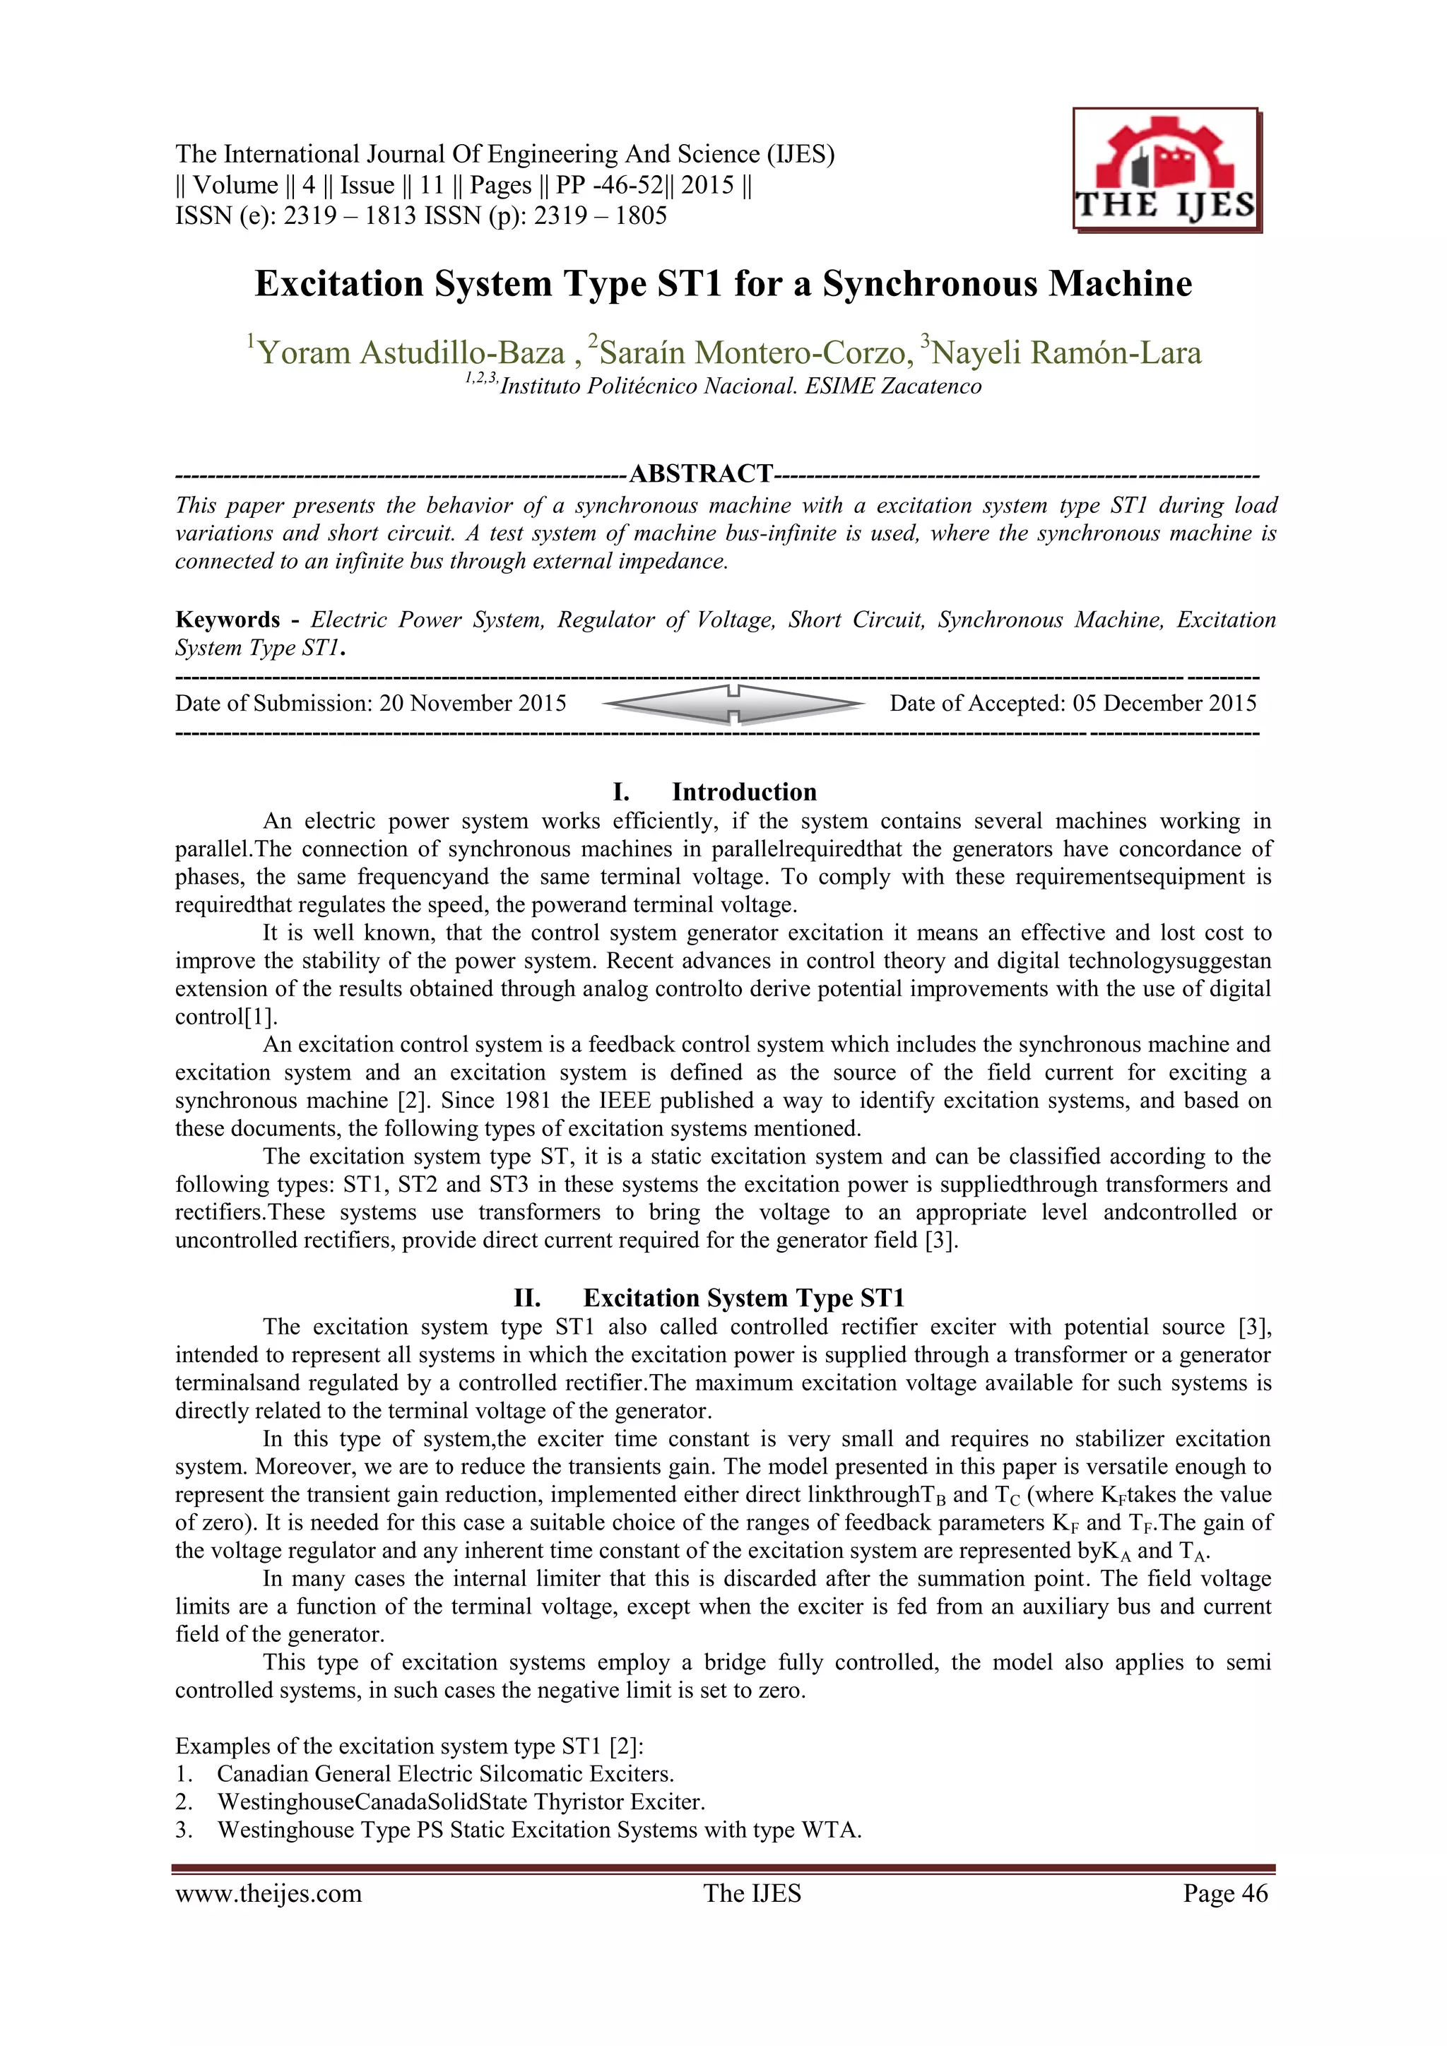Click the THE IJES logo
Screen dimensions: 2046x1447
click(x=1167, y=171)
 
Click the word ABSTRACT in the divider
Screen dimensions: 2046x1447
click(x=700, y=473)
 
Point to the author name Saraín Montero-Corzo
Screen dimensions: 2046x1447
click(x=751, y=353)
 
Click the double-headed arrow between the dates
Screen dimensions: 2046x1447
click(x=733, y=704)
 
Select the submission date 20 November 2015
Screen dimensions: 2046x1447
click(x=472, y=704)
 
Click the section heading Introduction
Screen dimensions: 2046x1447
click(x=743, y=792)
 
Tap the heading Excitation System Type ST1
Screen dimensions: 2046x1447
click(x=743, y=1299)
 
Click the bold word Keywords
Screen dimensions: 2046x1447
click(x=228, y=620)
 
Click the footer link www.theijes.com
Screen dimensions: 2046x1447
click(x=268, y=1893)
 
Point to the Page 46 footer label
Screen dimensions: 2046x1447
click(x=1224, y=1893)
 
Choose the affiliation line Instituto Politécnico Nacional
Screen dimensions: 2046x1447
click(x=740, y=386)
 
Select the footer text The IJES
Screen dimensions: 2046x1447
click(x=751, y=1893)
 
